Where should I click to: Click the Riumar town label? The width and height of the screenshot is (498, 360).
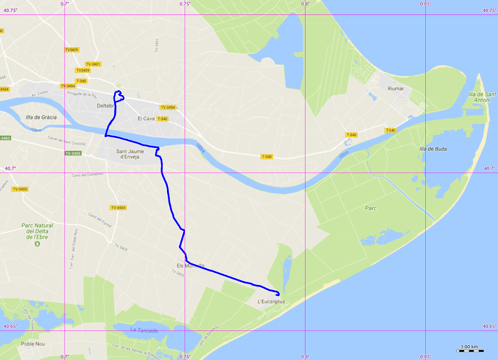(395, 88)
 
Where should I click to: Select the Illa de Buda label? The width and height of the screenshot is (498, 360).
(433, 149)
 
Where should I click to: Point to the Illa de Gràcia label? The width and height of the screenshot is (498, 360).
(41, 117)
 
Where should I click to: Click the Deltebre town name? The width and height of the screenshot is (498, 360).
(105, 106)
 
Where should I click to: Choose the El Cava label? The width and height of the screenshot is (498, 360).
(146, 119)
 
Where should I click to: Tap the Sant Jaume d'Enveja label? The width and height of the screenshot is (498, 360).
(130, 154)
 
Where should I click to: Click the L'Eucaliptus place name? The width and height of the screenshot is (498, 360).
(271, 302)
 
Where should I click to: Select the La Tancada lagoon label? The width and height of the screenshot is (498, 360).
(144, 331)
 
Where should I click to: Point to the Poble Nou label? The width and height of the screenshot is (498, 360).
(33, 344)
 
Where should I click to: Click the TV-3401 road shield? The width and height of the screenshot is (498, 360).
(93, 64)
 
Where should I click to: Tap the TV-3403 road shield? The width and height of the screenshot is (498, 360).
(73, 153)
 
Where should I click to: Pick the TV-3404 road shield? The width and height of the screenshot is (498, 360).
(118, 207)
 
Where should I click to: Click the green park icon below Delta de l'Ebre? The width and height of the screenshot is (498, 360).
(37, 243)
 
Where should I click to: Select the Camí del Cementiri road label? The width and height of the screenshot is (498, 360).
(87, 175)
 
